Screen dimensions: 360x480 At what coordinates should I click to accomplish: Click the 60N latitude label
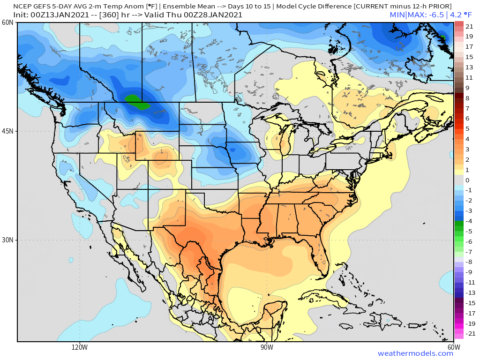pos(7,22)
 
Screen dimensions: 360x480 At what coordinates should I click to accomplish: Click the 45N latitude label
pos(7,131)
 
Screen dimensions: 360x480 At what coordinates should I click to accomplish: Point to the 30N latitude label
pos(7,240)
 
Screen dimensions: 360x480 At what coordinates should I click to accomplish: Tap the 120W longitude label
pos(80,347)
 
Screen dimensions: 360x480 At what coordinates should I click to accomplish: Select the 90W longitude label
pos(267,347)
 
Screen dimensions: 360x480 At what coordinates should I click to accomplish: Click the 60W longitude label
pos(453,347)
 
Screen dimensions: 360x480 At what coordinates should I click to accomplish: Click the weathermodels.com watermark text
pos(415,353)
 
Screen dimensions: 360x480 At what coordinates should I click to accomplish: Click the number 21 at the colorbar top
pos(469,26)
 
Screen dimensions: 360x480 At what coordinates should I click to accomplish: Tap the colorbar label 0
pos(467,180)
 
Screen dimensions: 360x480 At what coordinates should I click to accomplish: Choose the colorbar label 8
pos(467,98)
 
